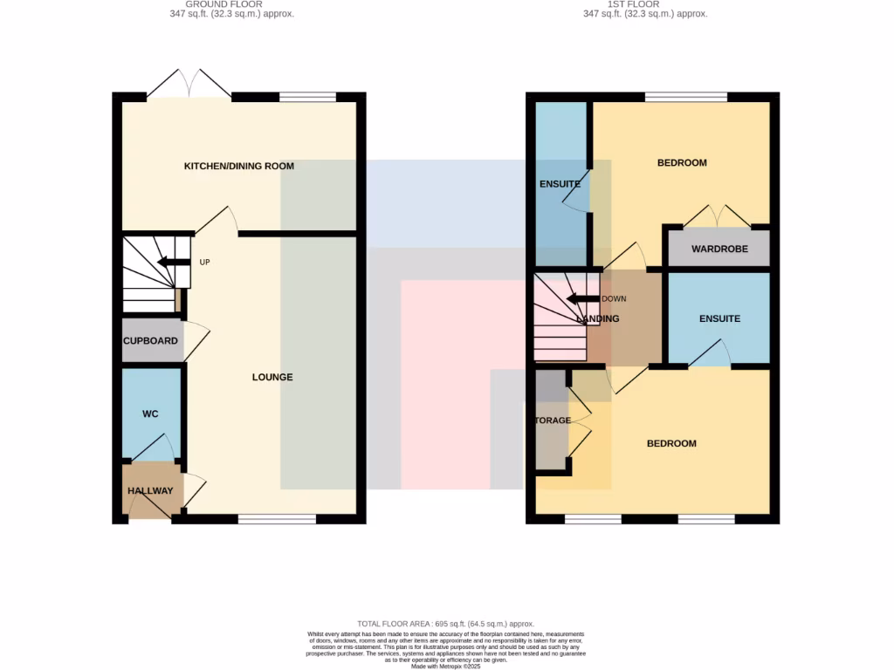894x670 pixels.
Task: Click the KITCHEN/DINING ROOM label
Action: click(238, 166)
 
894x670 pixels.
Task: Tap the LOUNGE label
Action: click(272, 377)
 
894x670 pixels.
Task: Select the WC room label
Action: click(150, 414)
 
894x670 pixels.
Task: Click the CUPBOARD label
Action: click(150, 341)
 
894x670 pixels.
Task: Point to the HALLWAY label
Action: click(150, 491)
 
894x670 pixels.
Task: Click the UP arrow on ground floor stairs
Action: click(173, 262)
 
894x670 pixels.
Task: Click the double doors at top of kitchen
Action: click(189, 84)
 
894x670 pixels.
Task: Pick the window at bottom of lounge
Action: click(277, 519)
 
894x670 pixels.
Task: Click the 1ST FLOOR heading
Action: click(645, 5)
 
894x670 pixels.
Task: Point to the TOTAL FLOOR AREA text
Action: click(447, 624)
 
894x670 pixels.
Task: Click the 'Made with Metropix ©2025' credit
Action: click(446, 667)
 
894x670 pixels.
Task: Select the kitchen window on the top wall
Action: click(307, 98)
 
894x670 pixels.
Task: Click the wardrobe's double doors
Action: click(718, 216)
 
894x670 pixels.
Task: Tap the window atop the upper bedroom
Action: click(686, 98)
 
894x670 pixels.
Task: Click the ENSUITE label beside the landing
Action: click(719, 318)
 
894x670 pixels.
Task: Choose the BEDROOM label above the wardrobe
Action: click(682, 163)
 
